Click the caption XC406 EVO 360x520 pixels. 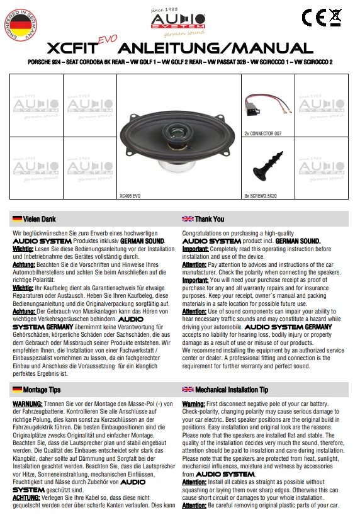click(130, 196)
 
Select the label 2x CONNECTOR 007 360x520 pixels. click(262, 133)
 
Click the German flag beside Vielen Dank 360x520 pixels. click(17, 219)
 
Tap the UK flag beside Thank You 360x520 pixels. click(188, 219)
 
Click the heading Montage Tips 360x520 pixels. click(42, 390)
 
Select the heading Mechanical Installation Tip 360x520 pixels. click(232, 390)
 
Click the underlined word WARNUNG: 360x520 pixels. click(27, 403)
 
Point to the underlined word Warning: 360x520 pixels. click(193, 403)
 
